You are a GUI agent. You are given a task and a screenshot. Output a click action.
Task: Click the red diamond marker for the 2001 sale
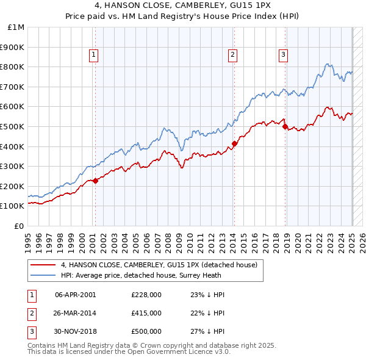[x=95, y=181]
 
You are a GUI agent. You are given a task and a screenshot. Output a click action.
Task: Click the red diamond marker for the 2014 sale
[x=234, y=143]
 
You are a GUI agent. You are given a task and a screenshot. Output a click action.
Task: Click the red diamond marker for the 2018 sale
[x=285, y=126]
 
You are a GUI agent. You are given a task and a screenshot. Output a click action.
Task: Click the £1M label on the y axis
[x=16, y=27]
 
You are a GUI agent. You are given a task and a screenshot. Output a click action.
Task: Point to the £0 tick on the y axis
[x=20, y=226]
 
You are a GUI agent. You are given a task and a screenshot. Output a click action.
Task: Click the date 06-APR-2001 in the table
[x=76, y=295]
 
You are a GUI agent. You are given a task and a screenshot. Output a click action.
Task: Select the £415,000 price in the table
[x=146, y=313]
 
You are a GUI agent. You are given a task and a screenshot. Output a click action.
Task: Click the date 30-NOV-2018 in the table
[x=76, y=331]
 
